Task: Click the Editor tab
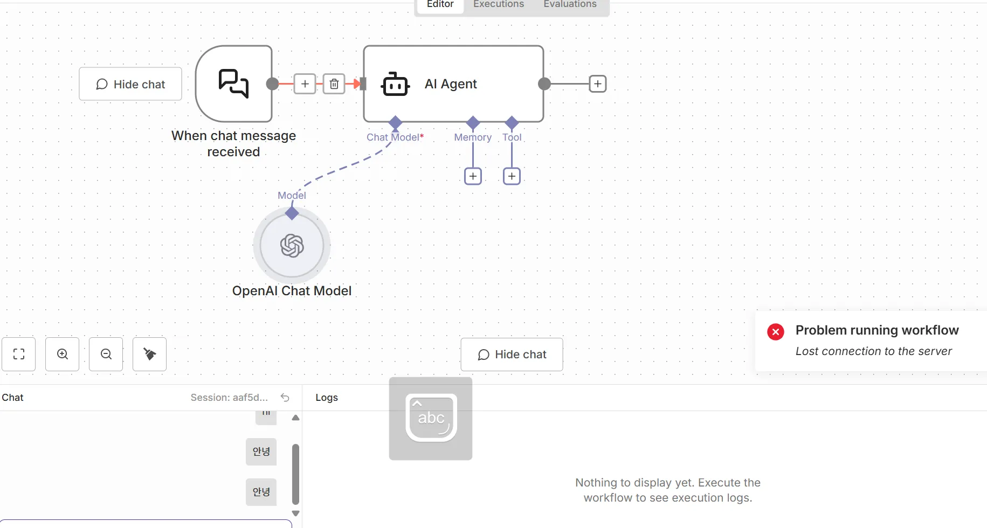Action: pos(440,5)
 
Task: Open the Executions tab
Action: pos(498,5)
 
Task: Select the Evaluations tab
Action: pos(570,5)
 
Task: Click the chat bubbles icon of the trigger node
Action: pos(233,84)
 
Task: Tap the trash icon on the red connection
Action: pos(334,84)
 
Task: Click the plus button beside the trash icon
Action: pos(305,84)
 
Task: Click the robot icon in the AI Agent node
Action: pos(395,85)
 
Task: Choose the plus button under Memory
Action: pos(473,176)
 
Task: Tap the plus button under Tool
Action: pos(512,176)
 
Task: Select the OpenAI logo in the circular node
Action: pos(292,246)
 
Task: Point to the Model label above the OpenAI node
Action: pos(292,196)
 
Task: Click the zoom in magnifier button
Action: pos(63,354)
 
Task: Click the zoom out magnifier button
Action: pos(106,354)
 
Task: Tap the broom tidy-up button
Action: pos(150,354)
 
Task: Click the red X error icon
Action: pos(776,332)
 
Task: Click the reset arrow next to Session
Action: pos(285,398)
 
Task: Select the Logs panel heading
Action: pos(327,398)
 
